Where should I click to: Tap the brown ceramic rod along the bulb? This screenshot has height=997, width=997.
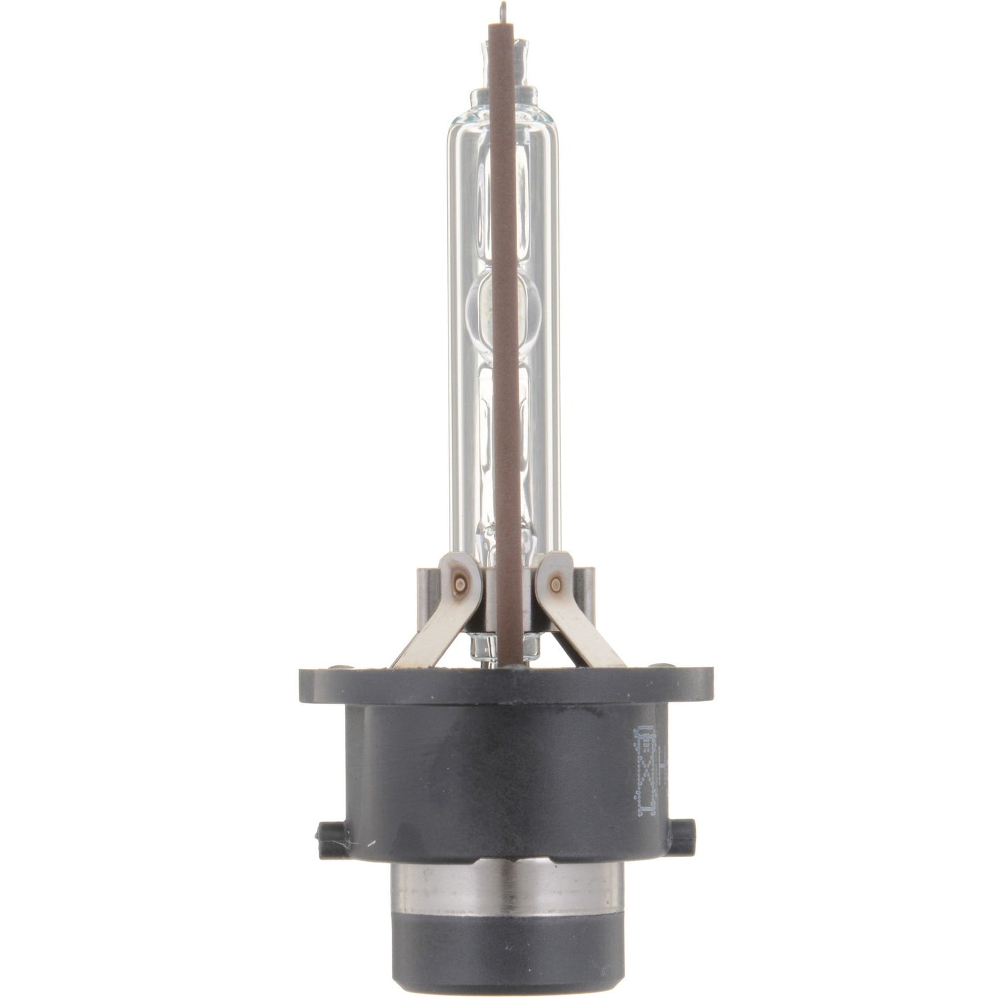(x=503, y=345)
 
